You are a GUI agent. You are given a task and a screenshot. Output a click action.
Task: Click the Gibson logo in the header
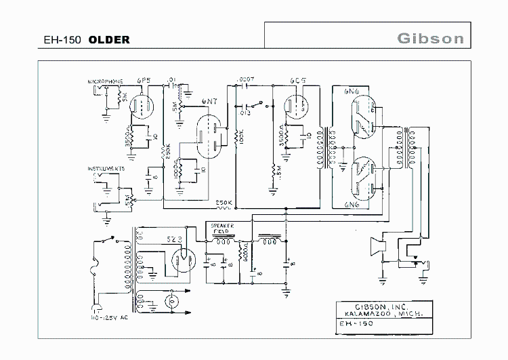430,37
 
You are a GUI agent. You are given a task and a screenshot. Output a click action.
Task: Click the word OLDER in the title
108,40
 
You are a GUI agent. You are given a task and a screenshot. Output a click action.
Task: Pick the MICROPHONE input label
104,81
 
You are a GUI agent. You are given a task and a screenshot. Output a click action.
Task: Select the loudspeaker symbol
377,247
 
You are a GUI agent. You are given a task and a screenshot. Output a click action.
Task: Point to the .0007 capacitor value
247,79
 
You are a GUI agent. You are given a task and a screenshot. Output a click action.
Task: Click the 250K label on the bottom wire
224,203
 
